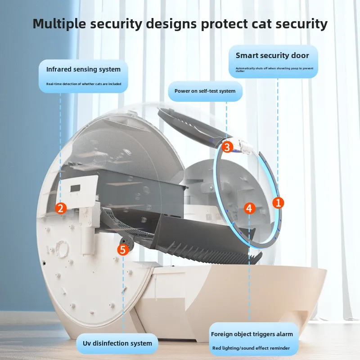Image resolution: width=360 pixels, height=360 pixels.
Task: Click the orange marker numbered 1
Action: point(279,203)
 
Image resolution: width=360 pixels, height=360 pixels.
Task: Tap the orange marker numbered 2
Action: point(61,208)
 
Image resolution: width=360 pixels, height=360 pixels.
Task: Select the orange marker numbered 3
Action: point(227,147)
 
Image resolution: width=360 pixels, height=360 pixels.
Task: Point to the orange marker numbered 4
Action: point(250,208)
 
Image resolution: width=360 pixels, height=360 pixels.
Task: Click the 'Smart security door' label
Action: point(272,56)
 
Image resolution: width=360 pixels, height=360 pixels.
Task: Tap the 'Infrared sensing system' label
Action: point(83,69)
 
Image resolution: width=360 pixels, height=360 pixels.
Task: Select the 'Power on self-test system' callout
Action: point(205,91)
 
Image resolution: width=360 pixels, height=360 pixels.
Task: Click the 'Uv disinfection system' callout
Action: point(117,343)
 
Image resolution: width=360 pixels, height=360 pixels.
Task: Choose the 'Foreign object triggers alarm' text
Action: point(252,334)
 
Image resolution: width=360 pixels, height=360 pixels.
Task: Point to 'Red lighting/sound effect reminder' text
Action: point(251,348)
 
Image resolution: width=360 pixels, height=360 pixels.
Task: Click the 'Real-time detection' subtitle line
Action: point(83,84)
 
